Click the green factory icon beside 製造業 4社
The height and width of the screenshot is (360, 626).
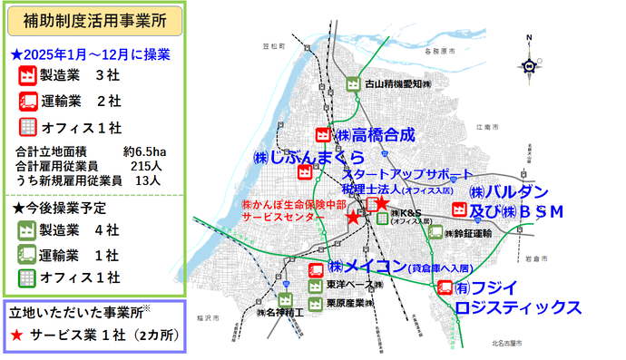[x=28, y=229]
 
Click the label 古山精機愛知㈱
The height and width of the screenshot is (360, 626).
[x=396, y=85]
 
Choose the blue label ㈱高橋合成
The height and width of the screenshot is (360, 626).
[x=375, y=134]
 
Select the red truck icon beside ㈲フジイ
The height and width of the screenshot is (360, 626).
[x=444, y=288]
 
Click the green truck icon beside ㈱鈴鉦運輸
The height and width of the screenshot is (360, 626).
[x=437, y=232]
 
